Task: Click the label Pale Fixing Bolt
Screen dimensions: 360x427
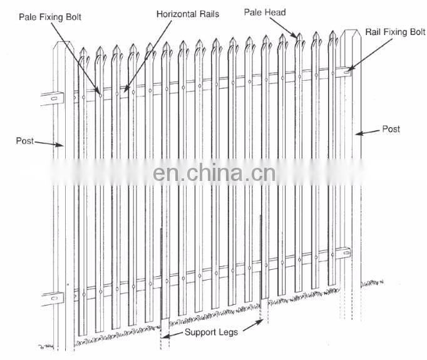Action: (51, 16)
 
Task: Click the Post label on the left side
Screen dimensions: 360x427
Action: (24, 141)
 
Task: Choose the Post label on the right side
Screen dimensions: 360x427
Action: (391, 129)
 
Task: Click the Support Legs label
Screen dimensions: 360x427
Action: (211, 332)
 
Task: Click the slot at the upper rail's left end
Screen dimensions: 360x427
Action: (53, 96)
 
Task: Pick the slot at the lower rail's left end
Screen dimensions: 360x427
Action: (52, 297)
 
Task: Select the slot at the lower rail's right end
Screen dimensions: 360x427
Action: (344, 254)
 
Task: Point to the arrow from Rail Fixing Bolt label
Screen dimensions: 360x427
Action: (361, 57)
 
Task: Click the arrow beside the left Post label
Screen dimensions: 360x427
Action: (49, 143)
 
